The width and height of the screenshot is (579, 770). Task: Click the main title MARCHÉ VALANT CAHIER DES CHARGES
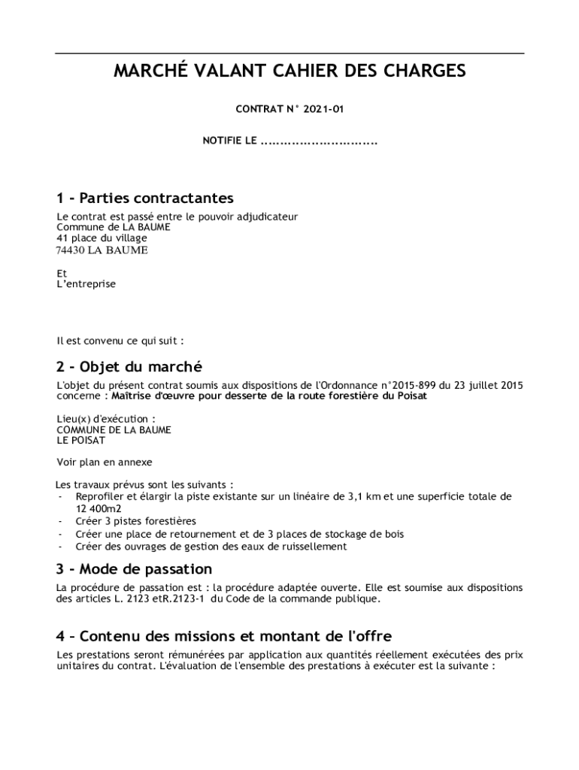click(x=289, y=71)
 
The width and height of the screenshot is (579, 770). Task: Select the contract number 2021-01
click(x=323, y=110)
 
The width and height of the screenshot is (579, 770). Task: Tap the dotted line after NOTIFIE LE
click(x=318, y=141)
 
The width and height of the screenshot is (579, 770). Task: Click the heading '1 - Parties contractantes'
click(x=145, y=199)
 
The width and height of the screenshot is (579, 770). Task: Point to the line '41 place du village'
click(x=102, y=238)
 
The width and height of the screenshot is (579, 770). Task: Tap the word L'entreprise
click(x=86, y=284)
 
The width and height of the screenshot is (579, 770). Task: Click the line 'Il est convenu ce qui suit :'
click(x=120, y=341)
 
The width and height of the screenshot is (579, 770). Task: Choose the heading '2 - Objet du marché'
click(x=129, y=367)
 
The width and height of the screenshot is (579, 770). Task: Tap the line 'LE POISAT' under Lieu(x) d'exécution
click(x=81, y=441)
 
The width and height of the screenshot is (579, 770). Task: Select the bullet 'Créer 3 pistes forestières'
click(x=136, y=521)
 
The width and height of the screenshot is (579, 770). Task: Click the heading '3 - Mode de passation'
click(x=134, y=569)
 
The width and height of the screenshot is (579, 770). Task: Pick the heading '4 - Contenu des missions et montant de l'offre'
click(x=224, y=636)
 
